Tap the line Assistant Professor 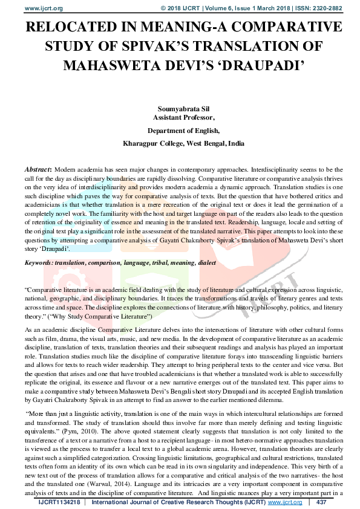180,117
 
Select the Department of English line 180,130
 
